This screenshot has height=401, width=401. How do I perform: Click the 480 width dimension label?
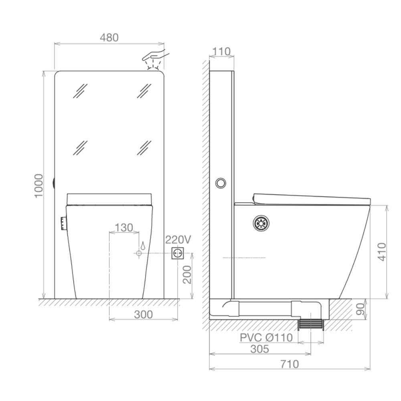click(x=109, y=38)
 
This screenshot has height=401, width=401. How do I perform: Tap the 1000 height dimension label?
click(x=38, y=185)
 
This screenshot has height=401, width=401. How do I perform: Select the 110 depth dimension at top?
click(x=221, y=51)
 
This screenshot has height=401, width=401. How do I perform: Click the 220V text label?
click(x=178, y=240)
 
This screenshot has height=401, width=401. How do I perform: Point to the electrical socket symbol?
click(x=178, y=253)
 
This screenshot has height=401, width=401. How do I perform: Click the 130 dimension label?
click(x=124, y=228)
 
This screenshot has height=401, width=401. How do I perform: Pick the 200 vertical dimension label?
click(x=187, y=275)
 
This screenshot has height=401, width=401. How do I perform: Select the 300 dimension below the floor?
click(x=143, y=315)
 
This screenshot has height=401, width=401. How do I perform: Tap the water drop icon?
click(x=142, y=245)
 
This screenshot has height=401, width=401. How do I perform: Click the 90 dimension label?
click(x=360, y=309)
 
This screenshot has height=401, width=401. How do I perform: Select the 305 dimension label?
click(x=259, y=349)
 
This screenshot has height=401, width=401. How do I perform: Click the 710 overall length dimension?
click(x=290, y=364)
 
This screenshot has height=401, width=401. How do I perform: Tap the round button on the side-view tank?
click(x=221, y=183)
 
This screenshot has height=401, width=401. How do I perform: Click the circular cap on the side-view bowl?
click(x=261, y=223)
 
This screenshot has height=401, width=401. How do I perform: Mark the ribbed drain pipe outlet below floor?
click(x=311, y=324)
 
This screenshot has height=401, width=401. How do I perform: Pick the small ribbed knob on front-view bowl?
click(x=64, y=223)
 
